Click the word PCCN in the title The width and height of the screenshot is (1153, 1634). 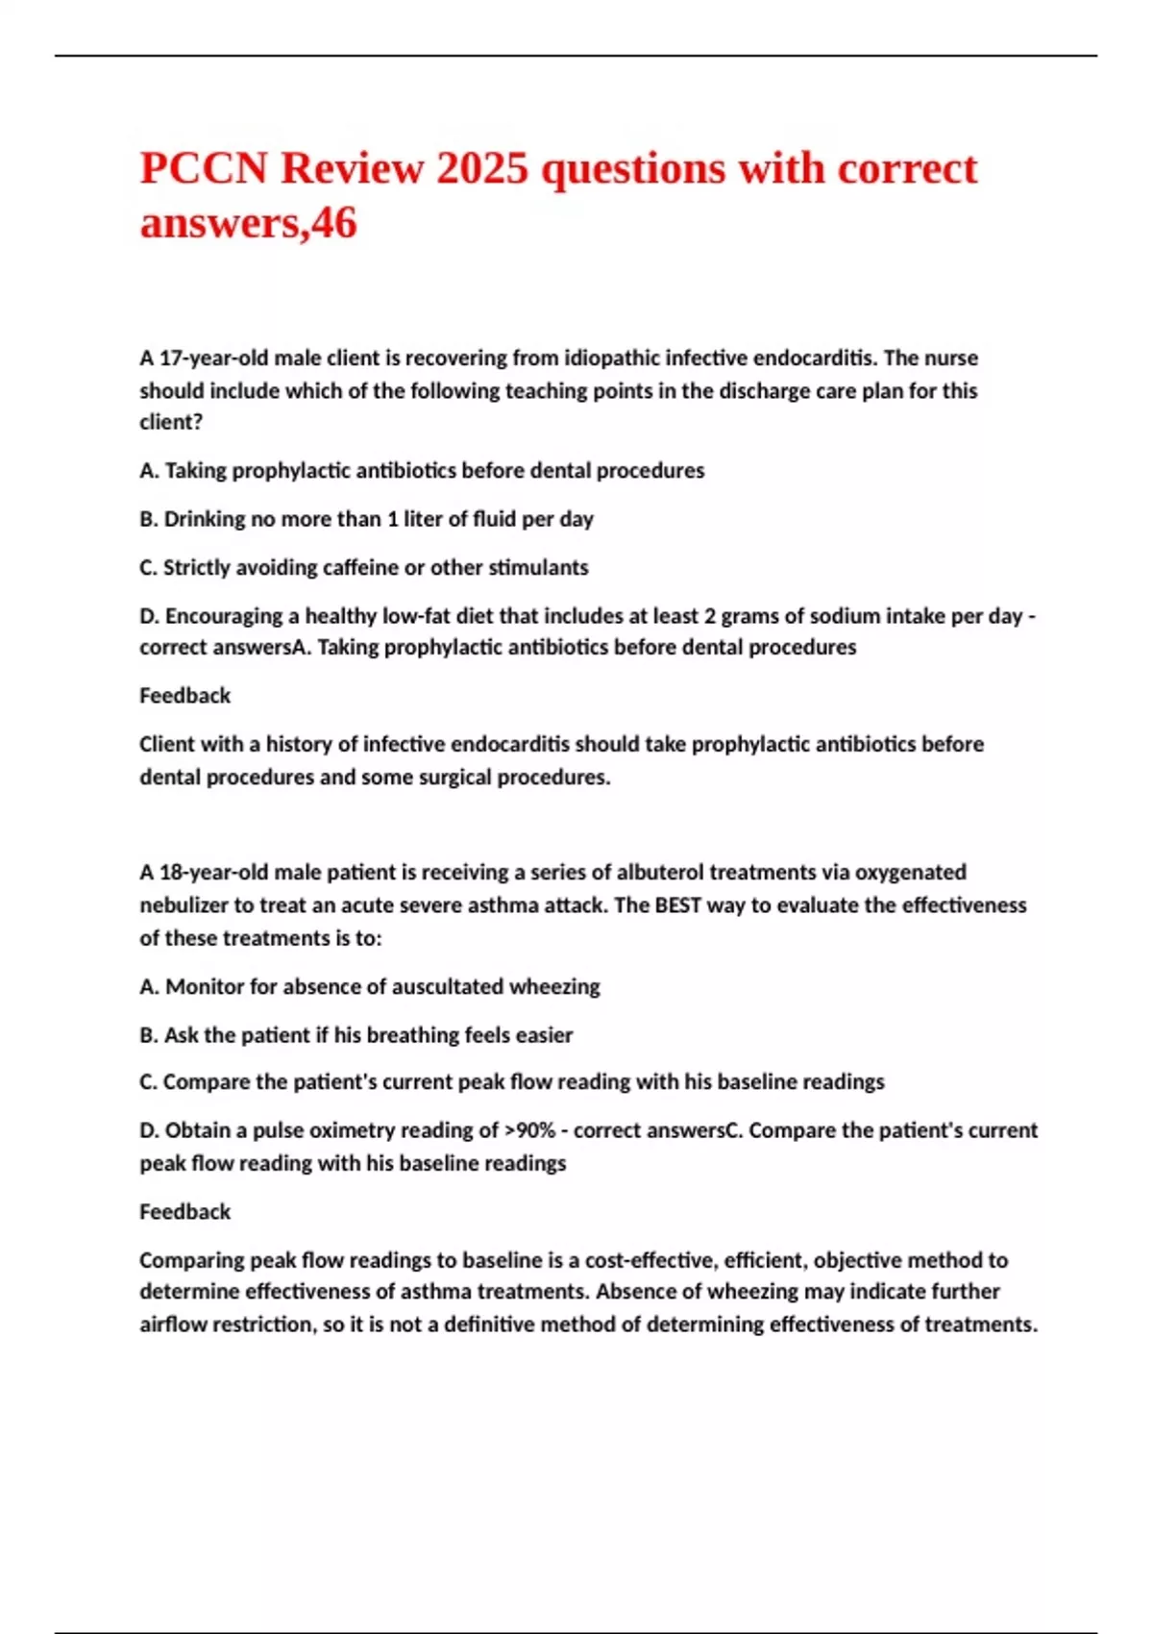(x=203, y=169)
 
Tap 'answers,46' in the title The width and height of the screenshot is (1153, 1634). (x=248, y=224)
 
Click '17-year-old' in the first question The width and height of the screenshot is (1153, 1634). (x=213, y=359)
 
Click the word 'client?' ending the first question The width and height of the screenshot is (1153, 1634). (x=171, y=422)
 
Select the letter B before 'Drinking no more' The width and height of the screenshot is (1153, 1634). (x=147, y=519)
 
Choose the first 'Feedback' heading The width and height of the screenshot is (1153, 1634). (x=184, y=696)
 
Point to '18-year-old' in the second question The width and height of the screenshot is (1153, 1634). (x=214, y=873)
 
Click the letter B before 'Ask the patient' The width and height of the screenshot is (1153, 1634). (x=147, y=1035)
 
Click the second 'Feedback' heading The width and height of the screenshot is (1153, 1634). (x=184, y=1212)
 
